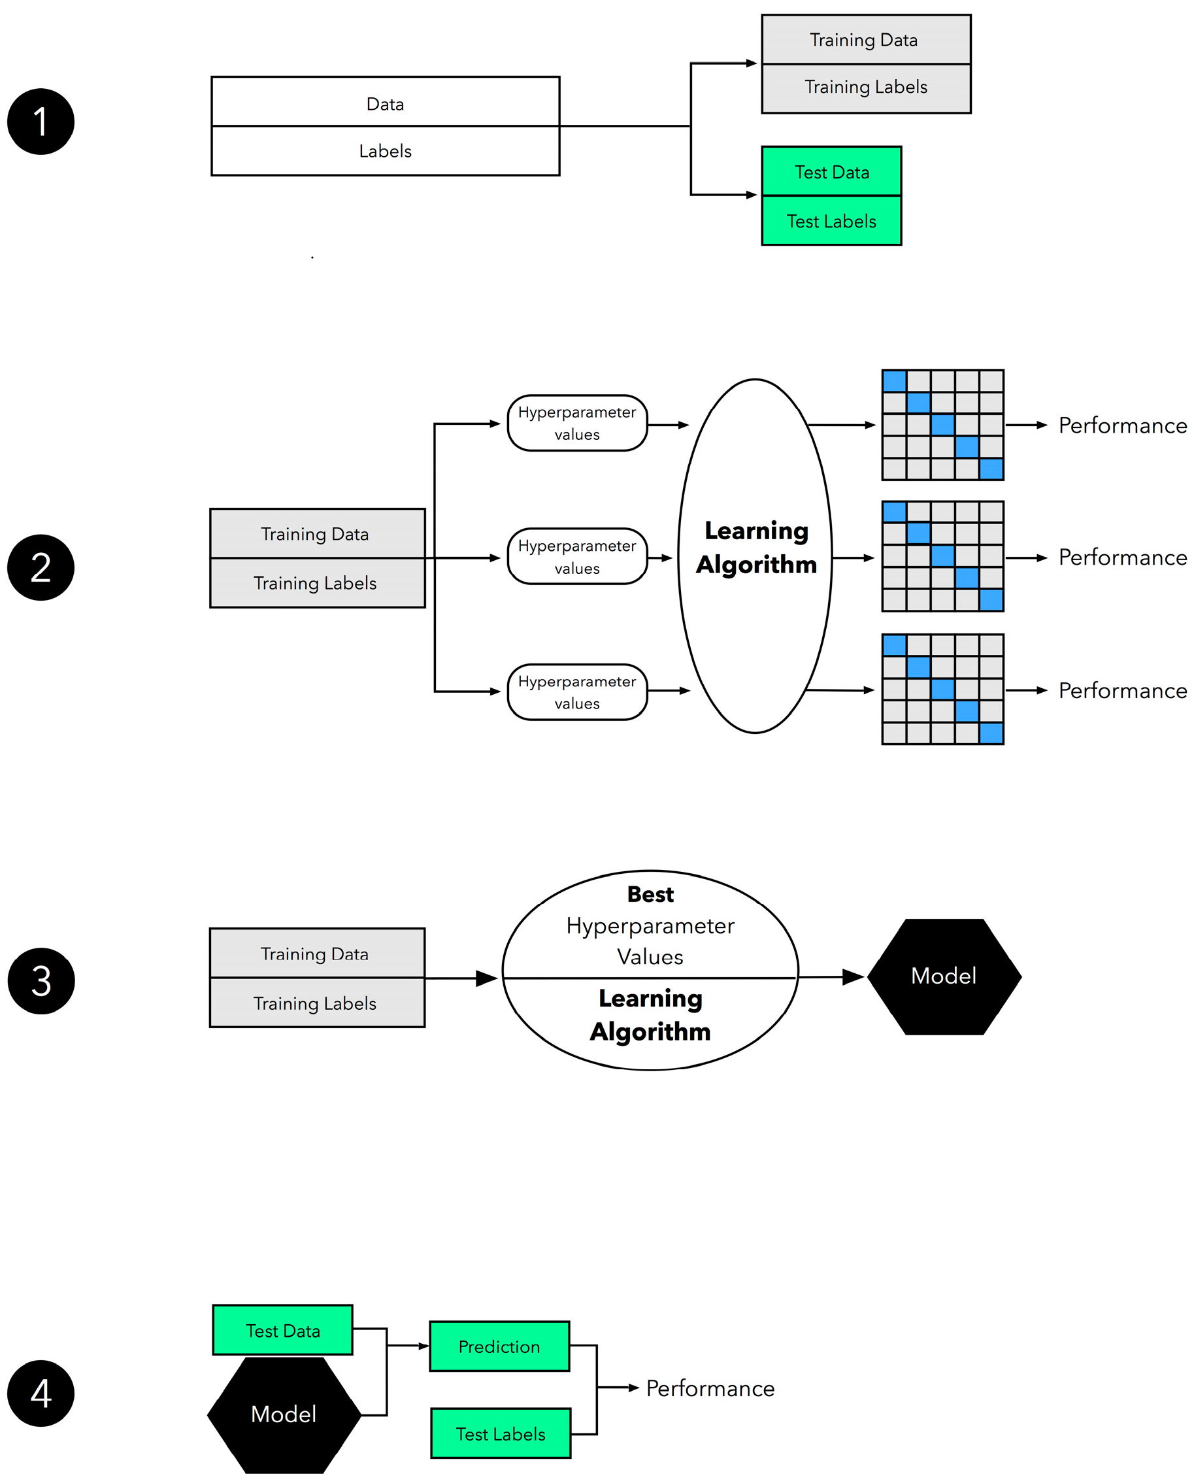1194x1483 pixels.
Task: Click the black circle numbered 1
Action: (x=41, y=122)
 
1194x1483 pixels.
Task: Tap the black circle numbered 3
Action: (x=41, y=981)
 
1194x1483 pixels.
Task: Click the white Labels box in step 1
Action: (x=385, y=150)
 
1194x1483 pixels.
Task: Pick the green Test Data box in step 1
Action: (x=831, y=171)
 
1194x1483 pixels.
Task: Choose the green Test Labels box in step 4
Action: (x=500, y=1433)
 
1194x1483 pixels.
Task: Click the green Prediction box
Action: (x=499, y=1346)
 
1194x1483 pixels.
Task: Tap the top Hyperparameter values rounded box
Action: (x=577, y=423)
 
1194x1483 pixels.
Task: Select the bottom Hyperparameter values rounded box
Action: (x=577, y=692)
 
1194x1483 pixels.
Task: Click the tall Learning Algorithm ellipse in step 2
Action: (x=755, y=619)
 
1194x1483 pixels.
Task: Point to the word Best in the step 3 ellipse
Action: (x=650, y=894)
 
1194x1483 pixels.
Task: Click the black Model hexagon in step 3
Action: (x=944, y=976)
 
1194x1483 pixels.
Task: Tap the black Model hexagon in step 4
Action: (x=284, y=1414)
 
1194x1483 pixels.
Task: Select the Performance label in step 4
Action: (x=710, y=1388)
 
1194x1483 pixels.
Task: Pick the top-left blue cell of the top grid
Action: (x=894, y=381)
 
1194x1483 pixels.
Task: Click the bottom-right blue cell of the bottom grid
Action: (x=991, y=733)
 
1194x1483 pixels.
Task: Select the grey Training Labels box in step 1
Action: (x=865, y=88)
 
